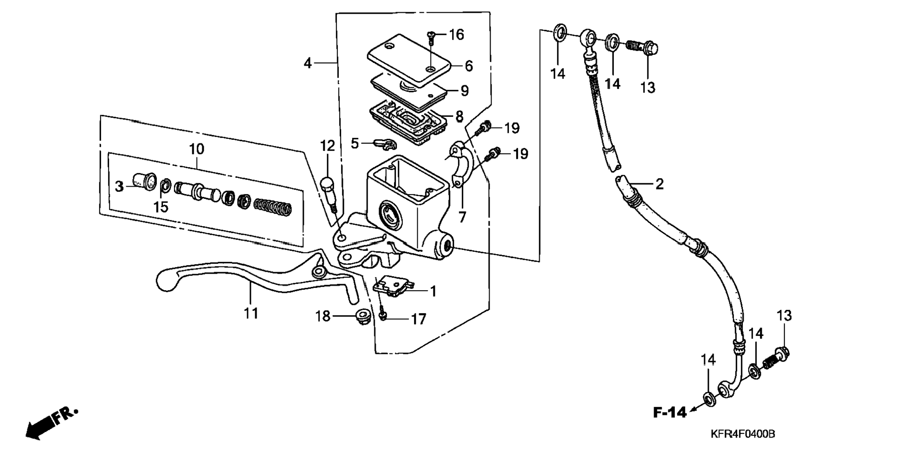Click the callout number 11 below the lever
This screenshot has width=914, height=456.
tap(251, 313)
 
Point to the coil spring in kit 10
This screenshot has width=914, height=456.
tap(273, 207)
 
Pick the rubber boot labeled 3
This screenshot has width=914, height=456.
tap(144, 182)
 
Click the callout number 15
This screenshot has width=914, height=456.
tap(161, 206)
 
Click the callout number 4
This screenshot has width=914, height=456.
tap(308, 62)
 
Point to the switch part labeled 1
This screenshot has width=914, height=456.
tap(393, 287)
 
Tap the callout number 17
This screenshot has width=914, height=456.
tap(419, 319)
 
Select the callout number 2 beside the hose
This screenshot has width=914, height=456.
tap(659, 183)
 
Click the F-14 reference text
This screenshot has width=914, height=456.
tap(670, 413)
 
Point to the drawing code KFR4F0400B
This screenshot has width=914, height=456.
tap(742, 434)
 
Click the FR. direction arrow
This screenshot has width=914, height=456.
tap(51, 422)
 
